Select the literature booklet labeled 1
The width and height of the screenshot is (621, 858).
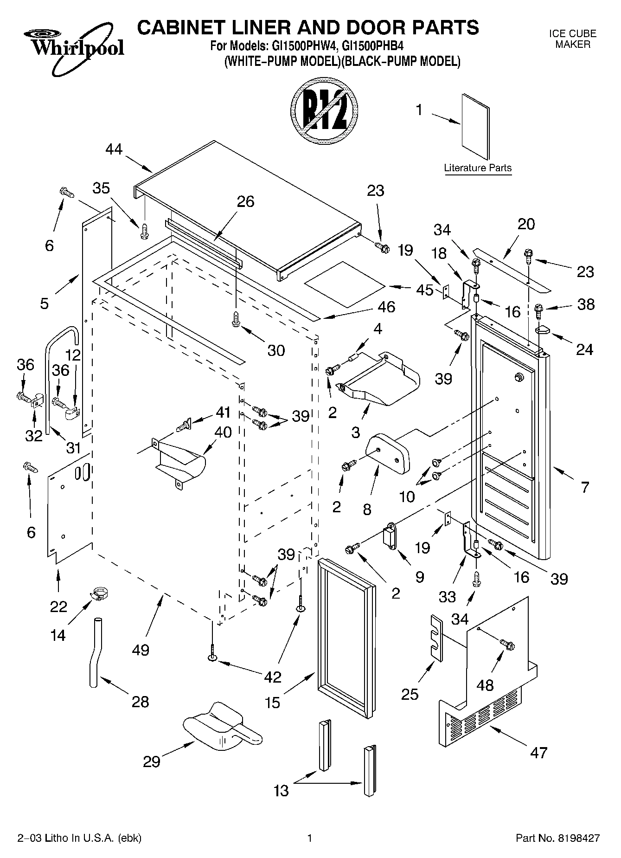pos(476,127)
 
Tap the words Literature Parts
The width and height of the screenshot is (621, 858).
pos(478,168)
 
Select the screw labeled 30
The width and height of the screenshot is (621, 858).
pos(236,320)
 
